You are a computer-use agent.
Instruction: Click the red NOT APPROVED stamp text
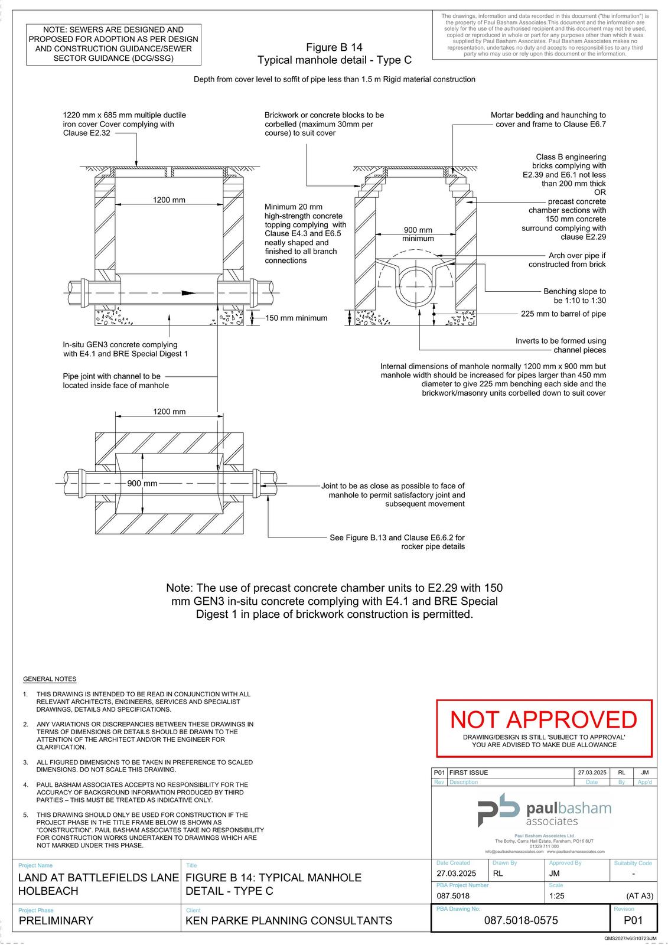click(543, 720)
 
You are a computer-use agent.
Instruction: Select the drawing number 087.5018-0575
click(520, 920)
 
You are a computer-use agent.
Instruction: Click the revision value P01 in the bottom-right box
click(633, 920)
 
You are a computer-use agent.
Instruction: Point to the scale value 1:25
click(558, 895)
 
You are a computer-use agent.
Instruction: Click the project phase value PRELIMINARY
click(56, 920)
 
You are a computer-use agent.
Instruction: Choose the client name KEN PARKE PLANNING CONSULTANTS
click(289, 920)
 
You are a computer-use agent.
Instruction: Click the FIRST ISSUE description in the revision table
click(469, 773)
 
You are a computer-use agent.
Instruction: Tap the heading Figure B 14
click(334, 47)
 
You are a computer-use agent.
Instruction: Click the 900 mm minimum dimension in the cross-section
click(418, 234)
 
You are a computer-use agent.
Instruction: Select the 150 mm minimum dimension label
click(296, 318)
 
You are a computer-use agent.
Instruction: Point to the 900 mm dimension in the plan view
click(142, 484)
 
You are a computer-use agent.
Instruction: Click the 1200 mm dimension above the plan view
click(169, 412)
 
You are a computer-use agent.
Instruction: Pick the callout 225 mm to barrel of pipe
click(563, 314)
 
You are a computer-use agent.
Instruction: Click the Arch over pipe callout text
click(568, 260)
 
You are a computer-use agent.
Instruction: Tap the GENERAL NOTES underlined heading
click(50, 679)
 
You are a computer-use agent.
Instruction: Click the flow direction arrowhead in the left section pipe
click(187, 292)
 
